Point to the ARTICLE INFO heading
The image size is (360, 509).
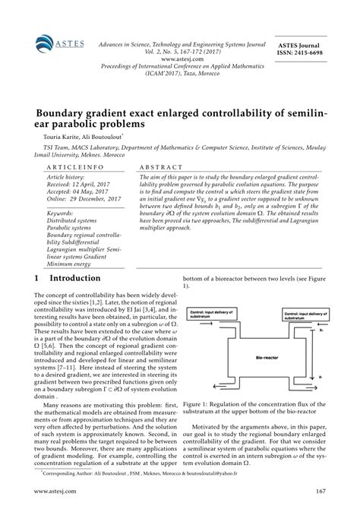click(x=71, y=166)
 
